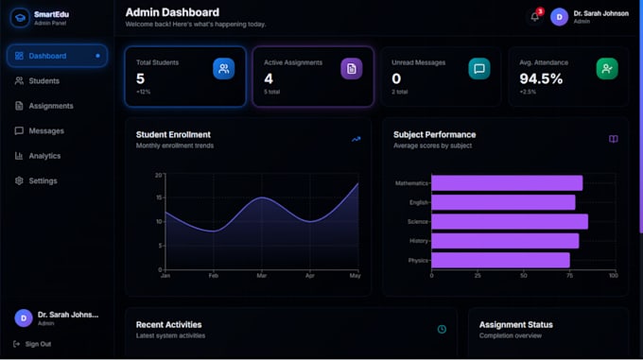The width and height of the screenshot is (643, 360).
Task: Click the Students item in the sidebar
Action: click(x=43, y=81)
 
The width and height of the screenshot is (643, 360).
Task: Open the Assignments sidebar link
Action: click(x=51, y=106)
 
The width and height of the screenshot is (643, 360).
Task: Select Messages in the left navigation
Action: click(x=46, y=131)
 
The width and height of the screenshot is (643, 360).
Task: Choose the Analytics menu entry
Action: click(x=44, y=156)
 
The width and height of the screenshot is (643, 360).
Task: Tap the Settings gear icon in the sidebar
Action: click(x=19, y=180)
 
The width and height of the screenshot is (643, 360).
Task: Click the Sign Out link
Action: click(x=38, y=344)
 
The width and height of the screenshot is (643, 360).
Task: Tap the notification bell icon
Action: click(x=535, y=17)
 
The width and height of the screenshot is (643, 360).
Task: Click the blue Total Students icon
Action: click(x=223, y=68)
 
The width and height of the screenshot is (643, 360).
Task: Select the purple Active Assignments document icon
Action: click(x=352, y=68)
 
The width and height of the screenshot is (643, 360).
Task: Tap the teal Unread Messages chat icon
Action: click(x=479, y=68)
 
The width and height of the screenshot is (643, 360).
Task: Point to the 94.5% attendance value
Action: click(x=541, y=78)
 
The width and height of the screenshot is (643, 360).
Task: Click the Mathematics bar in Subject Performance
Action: click(x=507, y=183)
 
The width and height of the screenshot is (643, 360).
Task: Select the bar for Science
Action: click(x=510, y=221)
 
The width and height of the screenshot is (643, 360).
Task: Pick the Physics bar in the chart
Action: click(x=501, y=260)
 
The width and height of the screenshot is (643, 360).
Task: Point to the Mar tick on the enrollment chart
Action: click(x=262, y=276)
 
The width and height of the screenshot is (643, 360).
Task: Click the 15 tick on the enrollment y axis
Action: click(x=159, y=197)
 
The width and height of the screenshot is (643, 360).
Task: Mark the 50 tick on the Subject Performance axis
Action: click(x=524, y=276)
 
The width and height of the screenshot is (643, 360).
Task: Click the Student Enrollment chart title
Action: click(x=173, y=135)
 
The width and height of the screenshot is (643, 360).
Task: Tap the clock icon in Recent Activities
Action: click(x=442, y=329)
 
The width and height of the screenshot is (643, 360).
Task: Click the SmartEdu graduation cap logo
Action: click(x=20, y=18)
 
